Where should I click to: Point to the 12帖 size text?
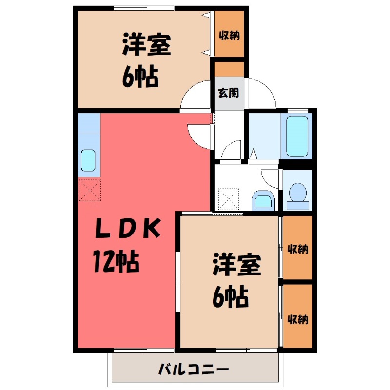(x=117, y=263)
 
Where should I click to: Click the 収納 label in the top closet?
(x=229, y=35)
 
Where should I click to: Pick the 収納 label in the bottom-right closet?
(x=297, y=320)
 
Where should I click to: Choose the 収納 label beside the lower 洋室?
(x=297, y=249)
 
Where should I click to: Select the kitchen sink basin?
(x=88, y=160)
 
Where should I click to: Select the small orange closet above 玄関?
(x=229, y=69)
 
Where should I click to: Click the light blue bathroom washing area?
(x=263, y=136)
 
